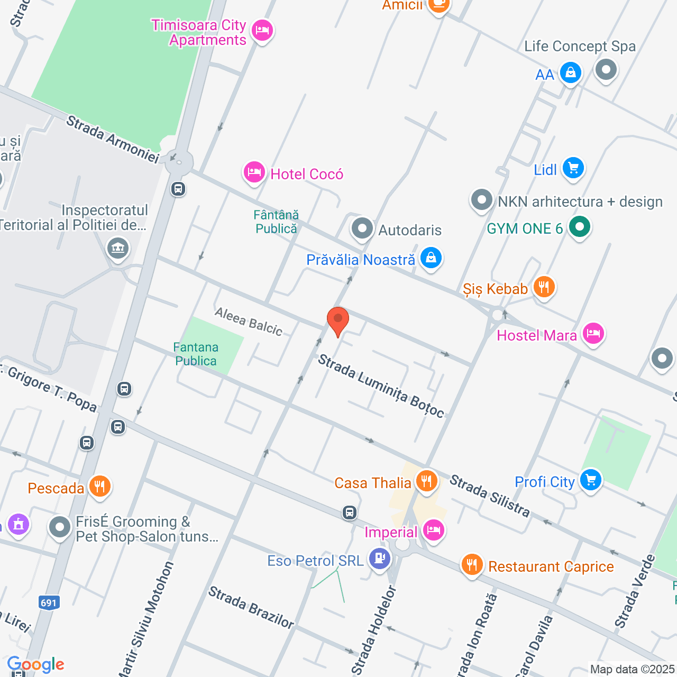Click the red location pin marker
point(337,321)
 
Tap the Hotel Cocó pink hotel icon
point(254,172)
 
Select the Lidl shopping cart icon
point(573,169)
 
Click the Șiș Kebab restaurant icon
point(544,287)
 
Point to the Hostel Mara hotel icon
point(593,334)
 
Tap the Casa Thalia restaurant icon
point(426,481)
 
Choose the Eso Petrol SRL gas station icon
point(379,559)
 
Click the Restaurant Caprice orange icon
point(471,565)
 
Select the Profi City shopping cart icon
point(590,480)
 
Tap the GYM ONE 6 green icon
point(580,227)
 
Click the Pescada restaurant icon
point(99,486)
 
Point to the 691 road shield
point(49,602)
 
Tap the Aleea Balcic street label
point(249,322)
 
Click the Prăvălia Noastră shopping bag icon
point(431,258)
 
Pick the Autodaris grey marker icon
point(362,229)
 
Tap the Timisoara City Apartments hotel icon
point(262,31)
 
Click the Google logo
point(36,664)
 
